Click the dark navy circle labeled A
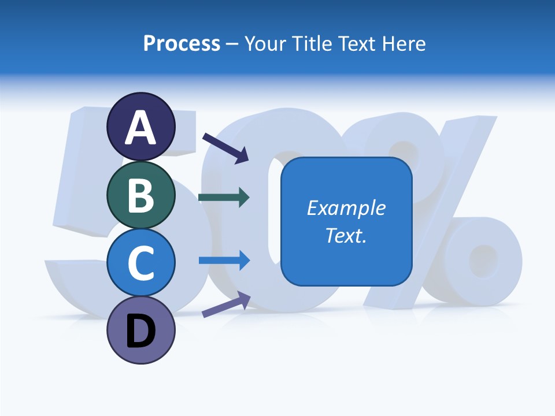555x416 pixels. tap(140, 127)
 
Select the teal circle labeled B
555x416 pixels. tap(140, 195)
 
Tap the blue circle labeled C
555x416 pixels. tap(140, 263)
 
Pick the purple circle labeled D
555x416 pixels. tap(140, 330)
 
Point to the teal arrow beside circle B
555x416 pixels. tap(224, 198)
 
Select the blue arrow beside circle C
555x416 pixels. tap(224, 260)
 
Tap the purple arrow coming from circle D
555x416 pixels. tap(226, 305)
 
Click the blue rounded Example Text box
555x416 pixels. tap(346, 222)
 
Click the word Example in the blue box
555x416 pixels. tap(346, 208)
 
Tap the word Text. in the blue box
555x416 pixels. tap(346, 235)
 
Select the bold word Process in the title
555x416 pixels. tap(182, 43)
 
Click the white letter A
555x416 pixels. tap(140, 128)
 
